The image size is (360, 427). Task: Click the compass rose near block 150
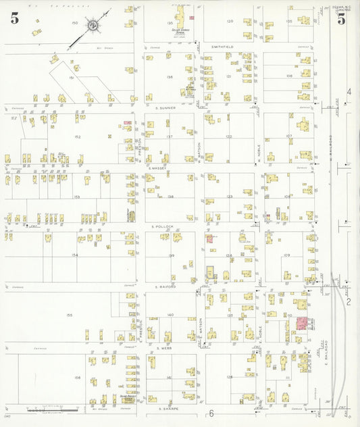click(x=95, y=26)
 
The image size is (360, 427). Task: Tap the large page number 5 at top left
click(x=14, y=18)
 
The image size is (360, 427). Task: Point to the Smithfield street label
click(x=222, y=47)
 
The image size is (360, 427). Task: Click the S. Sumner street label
click(x=165, y=107)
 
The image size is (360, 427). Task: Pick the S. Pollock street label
click(x=163, y=226)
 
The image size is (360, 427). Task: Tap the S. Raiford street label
click(x=165, y=286)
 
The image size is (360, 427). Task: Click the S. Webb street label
click(x=165, y=349)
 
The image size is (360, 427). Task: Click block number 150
click(x=75, y=23)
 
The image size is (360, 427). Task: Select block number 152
click(x=78, y=137)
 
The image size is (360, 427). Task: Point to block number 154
click(x=75, y=255)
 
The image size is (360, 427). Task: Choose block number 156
click(x=78, y=378)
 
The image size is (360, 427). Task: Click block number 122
click(x=229, y=136)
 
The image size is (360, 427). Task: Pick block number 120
click(x=230, y=21)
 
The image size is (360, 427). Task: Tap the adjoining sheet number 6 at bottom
click(x=211, y=413)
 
